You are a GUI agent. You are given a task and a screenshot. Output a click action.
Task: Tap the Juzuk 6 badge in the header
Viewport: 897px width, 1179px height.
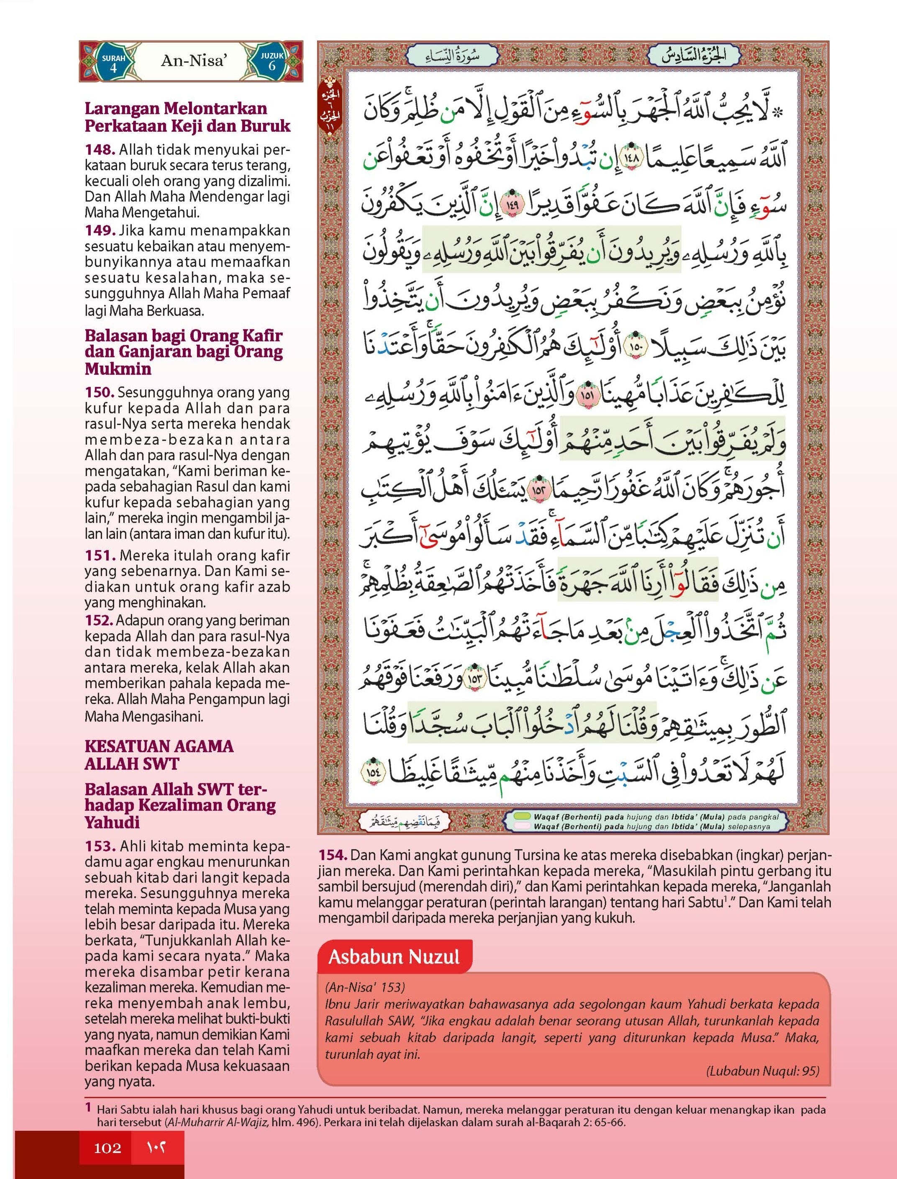click(272, 62)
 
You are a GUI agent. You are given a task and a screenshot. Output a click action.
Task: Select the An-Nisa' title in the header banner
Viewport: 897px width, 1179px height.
click(193, 61)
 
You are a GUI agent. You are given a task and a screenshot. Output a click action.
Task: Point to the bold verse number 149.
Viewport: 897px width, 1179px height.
click(100, 231)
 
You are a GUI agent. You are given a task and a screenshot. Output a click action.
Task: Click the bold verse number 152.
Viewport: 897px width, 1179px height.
click(98, 620)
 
